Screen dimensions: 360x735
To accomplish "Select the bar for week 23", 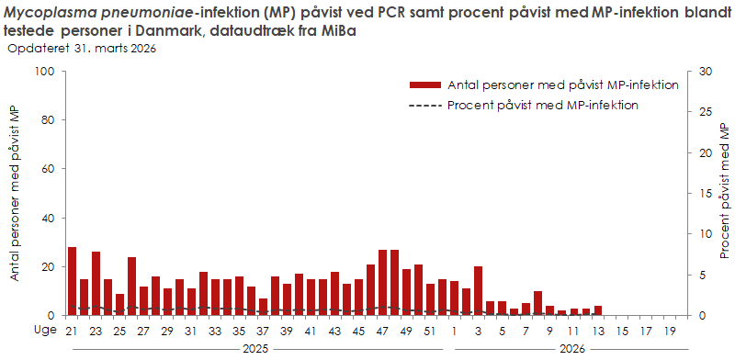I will (96, 284).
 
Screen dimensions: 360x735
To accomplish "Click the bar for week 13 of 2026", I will (598, 310).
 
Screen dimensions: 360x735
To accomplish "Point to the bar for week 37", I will (264, 307).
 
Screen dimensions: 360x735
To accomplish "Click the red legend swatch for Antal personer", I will (425, 85).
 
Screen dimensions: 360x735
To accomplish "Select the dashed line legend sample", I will (425, 105).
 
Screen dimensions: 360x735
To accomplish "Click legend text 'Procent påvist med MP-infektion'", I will (542, 105).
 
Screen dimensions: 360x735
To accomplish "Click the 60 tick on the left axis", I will (48, 169).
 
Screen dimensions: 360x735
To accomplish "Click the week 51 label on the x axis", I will (431, 331).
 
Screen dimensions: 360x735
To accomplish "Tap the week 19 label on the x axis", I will (670, 331).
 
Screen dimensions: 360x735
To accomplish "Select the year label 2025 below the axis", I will (255, 349).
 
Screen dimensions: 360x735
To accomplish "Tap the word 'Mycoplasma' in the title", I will (50, 11).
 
